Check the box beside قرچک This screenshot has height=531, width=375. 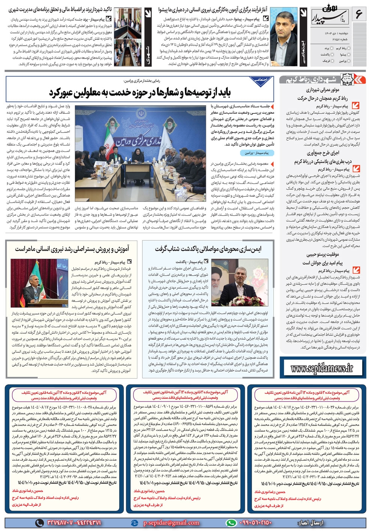(x=332, y=60)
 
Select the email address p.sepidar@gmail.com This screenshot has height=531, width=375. (x=171, y=523)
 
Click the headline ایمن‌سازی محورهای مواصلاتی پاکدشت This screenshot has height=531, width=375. (x=208, y=248)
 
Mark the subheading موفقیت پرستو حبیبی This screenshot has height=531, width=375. (x=323, y=254)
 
